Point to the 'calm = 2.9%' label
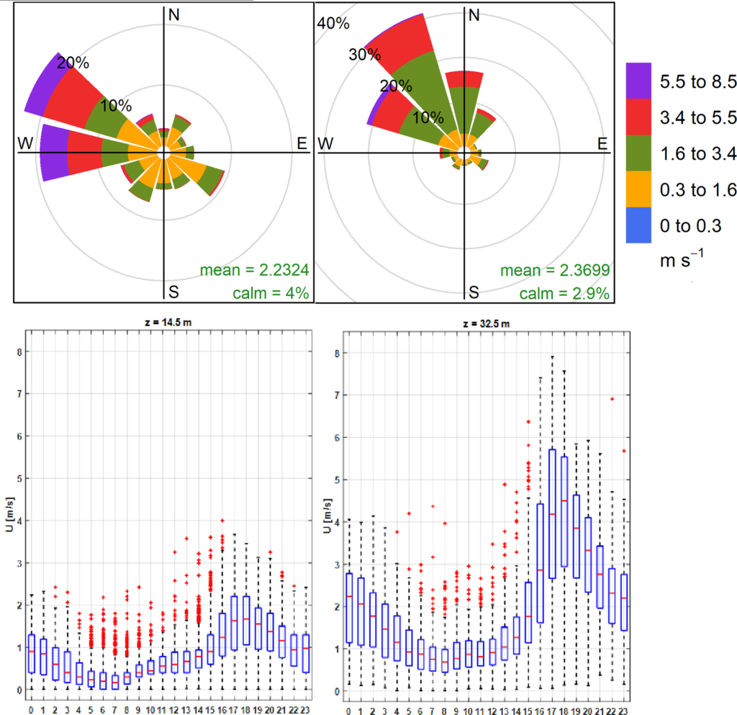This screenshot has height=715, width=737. pos(565,293)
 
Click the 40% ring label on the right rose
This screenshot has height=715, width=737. pos(333,23)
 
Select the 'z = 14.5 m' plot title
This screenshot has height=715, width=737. pos(168,323)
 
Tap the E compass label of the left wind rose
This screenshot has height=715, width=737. pos(302,143)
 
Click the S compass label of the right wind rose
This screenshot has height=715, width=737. pos(474,292)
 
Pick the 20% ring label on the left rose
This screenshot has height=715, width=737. pos(73,63)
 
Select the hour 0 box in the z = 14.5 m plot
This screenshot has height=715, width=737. pos(32,654)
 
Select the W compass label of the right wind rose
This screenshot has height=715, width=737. pos(325,143)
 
